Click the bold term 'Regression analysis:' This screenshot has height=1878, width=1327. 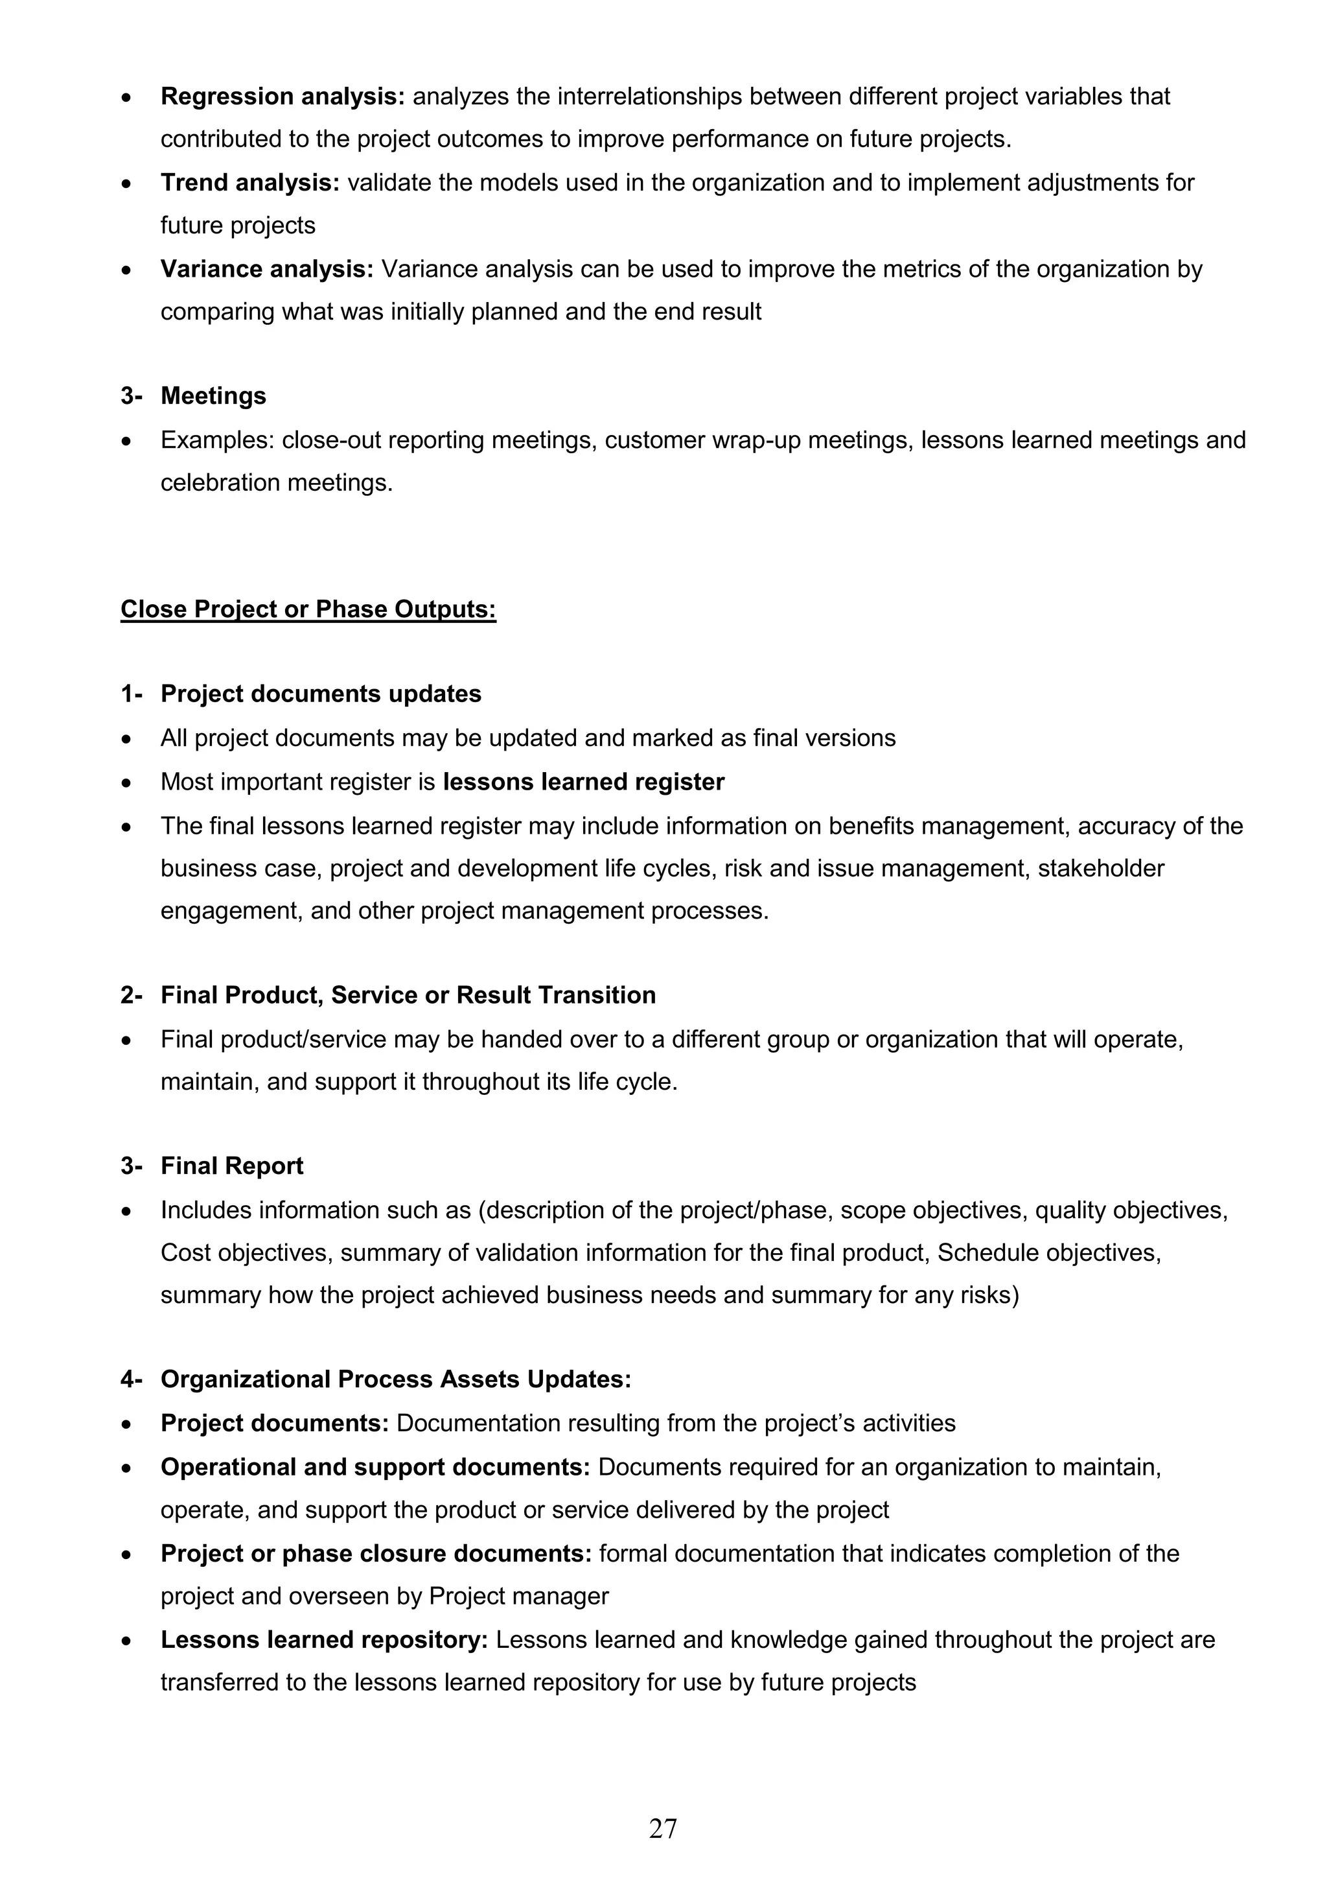point(282,97)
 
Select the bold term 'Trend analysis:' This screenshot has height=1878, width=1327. point(249,182)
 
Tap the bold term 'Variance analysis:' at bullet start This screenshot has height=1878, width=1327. point(266,269)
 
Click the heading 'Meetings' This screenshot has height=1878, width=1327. point(213,396)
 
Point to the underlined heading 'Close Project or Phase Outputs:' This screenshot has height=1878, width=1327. point(308,609)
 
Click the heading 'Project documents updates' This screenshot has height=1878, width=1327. point(321,694)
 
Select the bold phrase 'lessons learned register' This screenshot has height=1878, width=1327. point(583,782)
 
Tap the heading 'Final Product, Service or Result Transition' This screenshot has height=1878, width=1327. point(408,996)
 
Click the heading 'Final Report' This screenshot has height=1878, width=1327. point(231,1166)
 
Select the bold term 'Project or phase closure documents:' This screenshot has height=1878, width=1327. point(376,1554)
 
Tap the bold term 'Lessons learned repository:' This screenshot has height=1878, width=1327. point(324,1640)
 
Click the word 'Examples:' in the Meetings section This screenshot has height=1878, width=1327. point(218,440)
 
